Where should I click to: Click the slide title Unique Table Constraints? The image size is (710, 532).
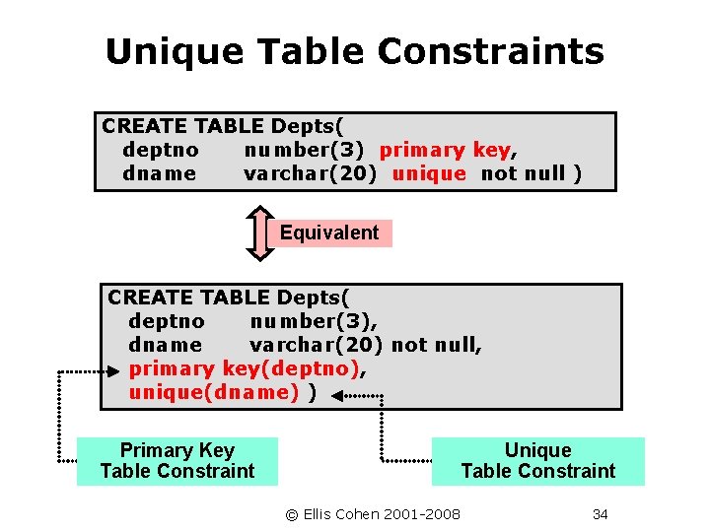354,51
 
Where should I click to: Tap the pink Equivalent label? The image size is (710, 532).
329,233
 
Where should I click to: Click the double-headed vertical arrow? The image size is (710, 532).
259,233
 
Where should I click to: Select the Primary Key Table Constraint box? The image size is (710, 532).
177,461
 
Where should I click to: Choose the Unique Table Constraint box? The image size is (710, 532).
537,461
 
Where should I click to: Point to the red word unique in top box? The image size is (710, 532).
429,174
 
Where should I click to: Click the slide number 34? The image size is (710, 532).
600,514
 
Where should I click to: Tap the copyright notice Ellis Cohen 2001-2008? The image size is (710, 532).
373,514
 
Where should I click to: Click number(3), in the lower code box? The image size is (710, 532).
315,322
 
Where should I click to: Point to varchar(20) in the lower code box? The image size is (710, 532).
318,346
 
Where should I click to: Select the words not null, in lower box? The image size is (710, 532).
437,346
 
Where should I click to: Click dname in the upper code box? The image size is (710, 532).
160,174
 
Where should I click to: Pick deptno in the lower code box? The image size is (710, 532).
167,322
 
